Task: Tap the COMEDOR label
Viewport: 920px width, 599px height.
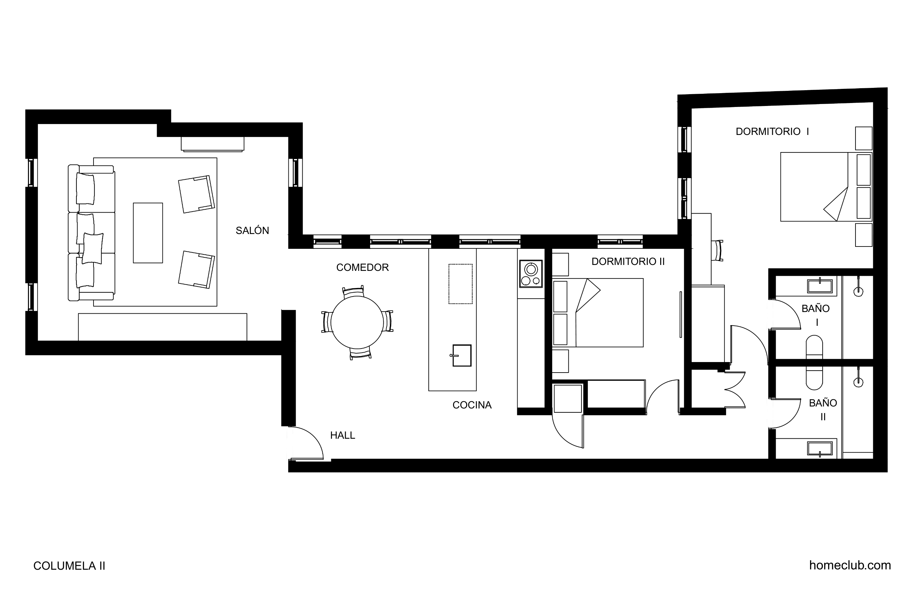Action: [362, 268]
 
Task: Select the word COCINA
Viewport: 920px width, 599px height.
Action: [472, 405]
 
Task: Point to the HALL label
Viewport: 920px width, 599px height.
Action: [342, 435]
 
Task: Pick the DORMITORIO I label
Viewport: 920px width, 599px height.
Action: [772, 132]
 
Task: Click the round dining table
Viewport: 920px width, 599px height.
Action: [357, 322]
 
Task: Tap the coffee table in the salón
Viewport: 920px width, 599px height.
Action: [148, 233]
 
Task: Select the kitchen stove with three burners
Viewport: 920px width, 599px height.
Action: [531, 274]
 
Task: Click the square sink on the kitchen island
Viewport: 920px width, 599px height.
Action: [462, 355]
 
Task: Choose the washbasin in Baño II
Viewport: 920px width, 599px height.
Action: [820, 448]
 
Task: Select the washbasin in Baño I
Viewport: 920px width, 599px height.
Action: [820, 286]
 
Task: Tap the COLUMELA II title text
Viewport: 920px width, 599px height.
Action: [69, 566]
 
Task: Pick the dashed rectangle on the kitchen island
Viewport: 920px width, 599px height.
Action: [460, 284]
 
